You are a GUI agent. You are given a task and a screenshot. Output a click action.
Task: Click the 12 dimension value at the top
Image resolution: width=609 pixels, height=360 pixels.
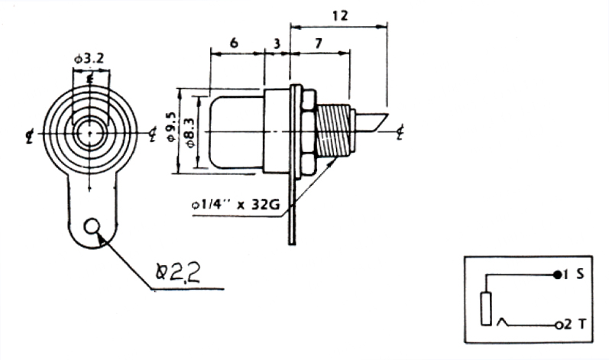340,16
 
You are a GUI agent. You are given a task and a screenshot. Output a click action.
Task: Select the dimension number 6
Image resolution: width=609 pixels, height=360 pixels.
234,42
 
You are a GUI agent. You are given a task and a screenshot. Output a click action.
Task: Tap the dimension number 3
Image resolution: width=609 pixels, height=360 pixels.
277,44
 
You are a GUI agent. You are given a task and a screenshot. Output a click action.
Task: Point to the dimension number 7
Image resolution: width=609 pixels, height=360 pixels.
319,43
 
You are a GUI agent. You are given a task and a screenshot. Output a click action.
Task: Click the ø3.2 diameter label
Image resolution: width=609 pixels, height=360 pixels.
89,59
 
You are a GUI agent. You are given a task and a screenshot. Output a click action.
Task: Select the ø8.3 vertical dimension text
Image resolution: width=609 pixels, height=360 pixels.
190,132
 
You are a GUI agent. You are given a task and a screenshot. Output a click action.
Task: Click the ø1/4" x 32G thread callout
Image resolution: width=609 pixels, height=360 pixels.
236,204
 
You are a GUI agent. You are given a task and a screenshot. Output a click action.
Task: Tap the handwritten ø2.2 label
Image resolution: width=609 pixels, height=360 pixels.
178,272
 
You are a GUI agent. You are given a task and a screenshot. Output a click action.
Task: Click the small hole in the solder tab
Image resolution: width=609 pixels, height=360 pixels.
92,226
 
